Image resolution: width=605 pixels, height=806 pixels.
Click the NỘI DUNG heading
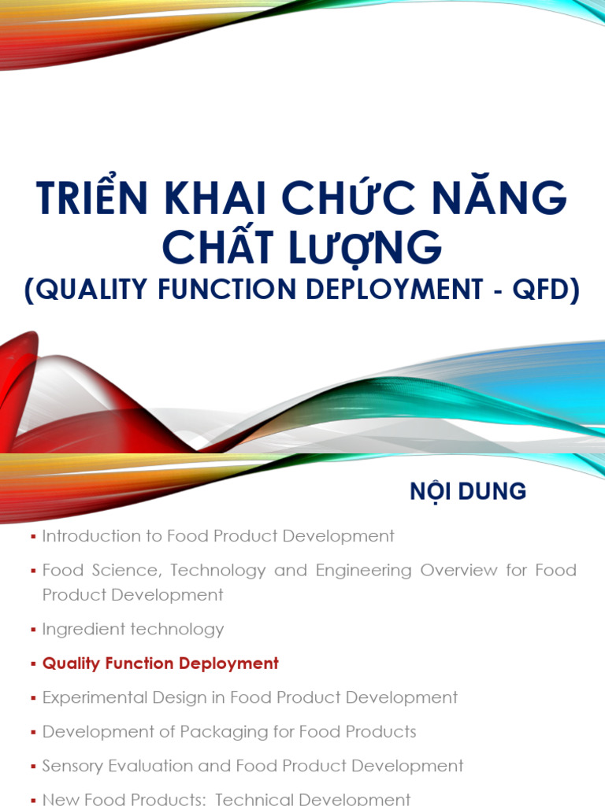(467, 492)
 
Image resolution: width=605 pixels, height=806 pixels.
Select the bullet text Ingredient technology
(133, 629)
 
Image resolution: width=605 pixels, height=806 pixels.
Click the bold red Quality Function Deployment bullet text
(161, 664)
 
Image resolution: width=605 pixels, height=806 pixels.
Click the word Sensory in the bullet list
(73, 766)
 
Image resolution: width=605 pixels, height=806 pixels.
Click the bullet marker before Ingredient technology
(33, 630)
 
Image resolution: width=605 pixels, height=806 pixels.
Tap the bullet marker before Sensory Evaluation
(33, 767)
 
